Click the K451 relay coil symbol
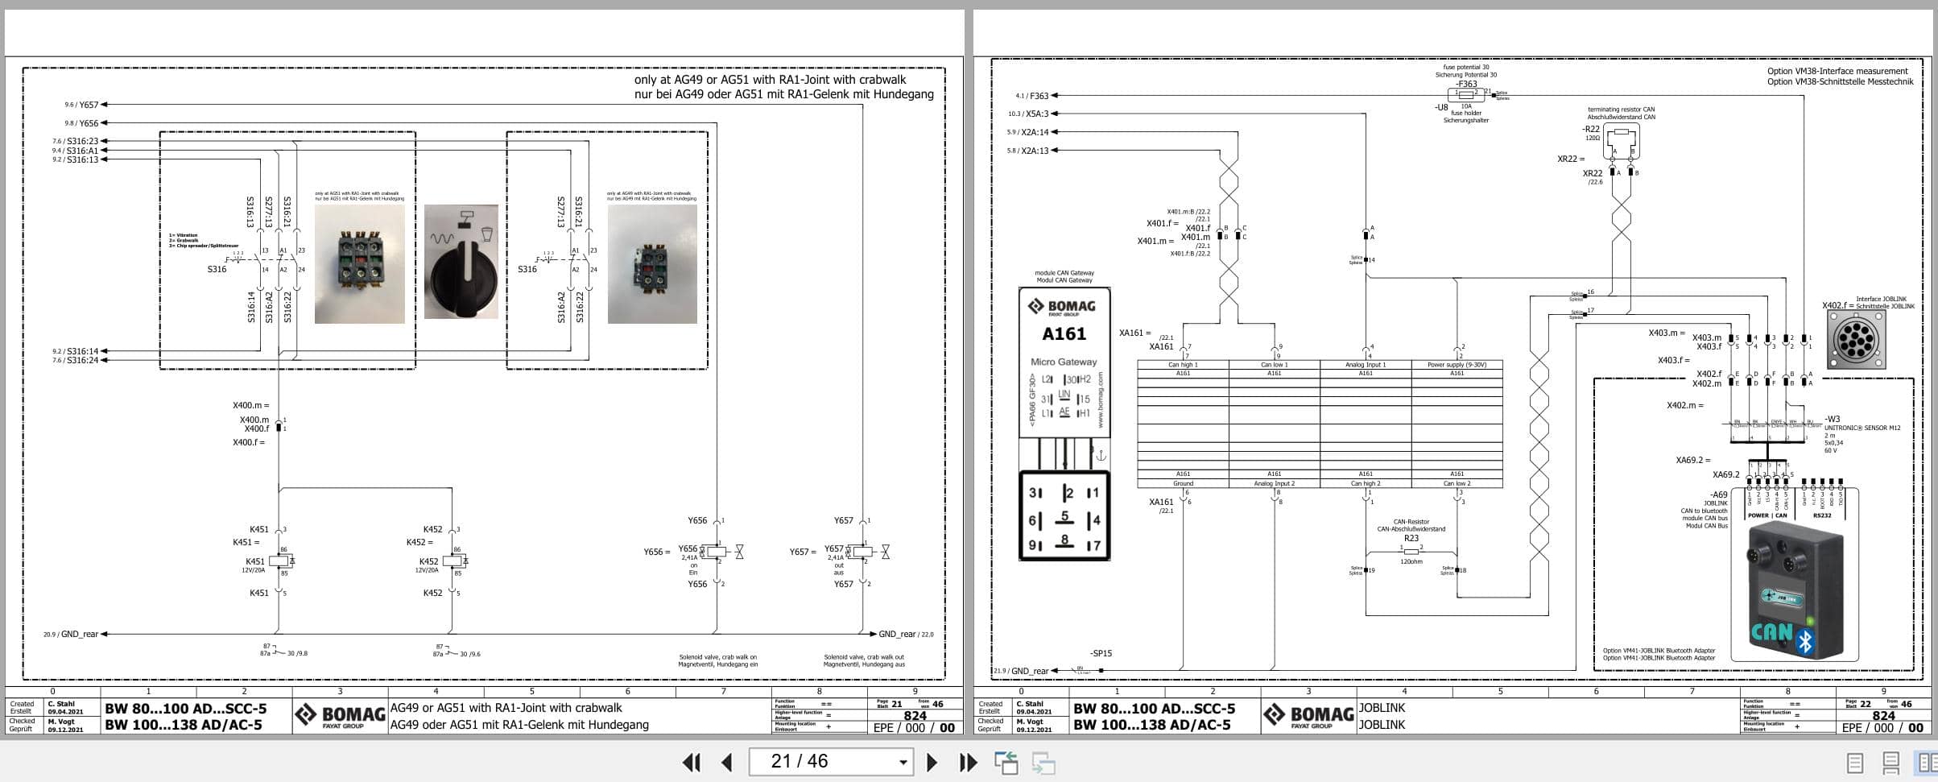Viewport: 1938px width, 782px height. (279, 561)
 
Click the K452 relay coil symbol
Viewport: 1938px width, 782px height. (453, 561)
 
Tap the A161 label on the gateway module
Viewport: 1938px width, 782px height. (1064, 333)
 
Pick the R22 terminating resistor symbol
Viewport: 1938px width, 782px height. (1622, 133)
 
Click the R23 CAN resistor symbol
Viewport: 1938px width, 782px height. (1411, 552)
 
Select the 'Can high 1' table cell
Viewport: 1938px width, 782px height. (1183, 365)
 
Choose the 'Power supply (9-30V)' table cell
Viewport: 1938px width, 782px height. (1457, 365)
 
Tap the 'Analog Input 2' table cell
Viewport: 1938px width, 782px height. (1274, 483)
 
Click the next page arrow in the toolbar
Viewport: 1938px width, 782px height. (932, 762)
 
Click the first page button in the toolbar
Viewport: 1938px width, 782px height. (691, 762)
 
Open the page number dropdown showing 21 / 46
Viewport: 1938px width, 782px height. (903, 762)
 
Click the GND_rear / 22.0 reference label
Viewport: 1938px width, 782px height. (906, 635)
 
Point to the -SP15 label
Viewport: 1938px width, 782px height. (1101, 653)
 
